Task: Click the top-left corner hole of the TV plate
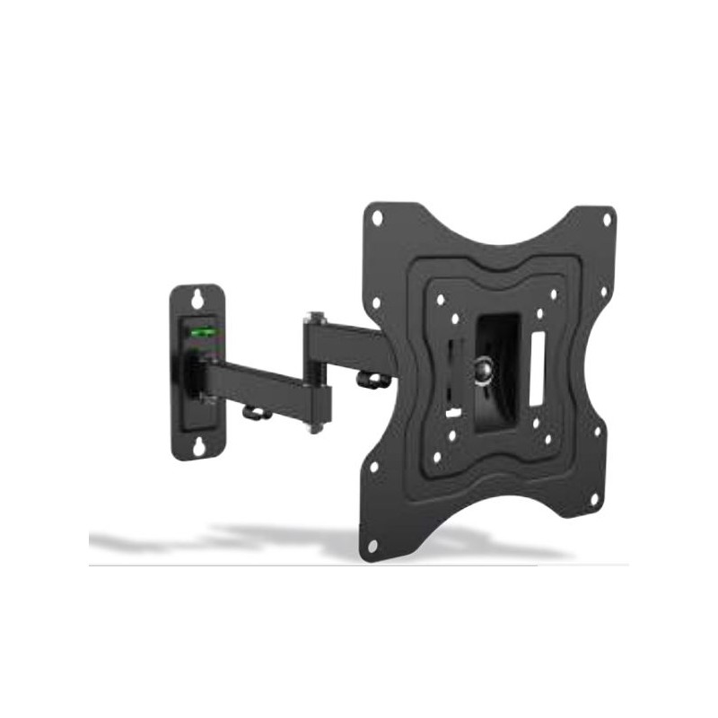tap(378, 217)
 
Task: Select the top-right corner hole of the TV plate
tap(607, 218)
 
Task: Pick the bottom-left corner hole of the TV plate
tap(372, 544)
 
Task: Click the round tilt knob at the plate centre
tap(485, 369)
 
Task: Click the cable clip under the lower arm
tap(257, 413)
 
